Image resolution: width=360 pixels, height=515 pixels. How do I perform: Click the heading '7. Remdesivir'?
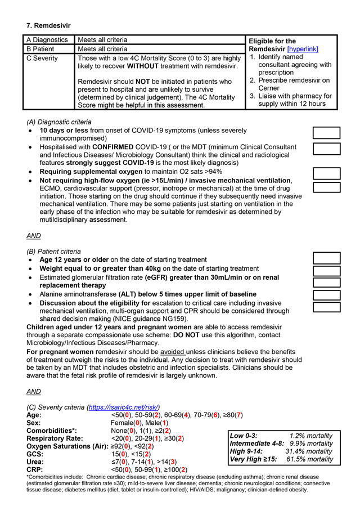48,25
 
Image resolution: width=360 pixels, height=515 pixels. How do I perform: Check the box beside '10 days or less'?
326,133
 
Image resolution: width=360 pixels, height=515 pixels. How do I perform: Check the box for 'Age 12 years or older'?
326,258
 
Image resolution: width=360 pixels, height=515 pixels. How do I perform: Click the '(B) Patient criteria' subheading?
54,251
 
